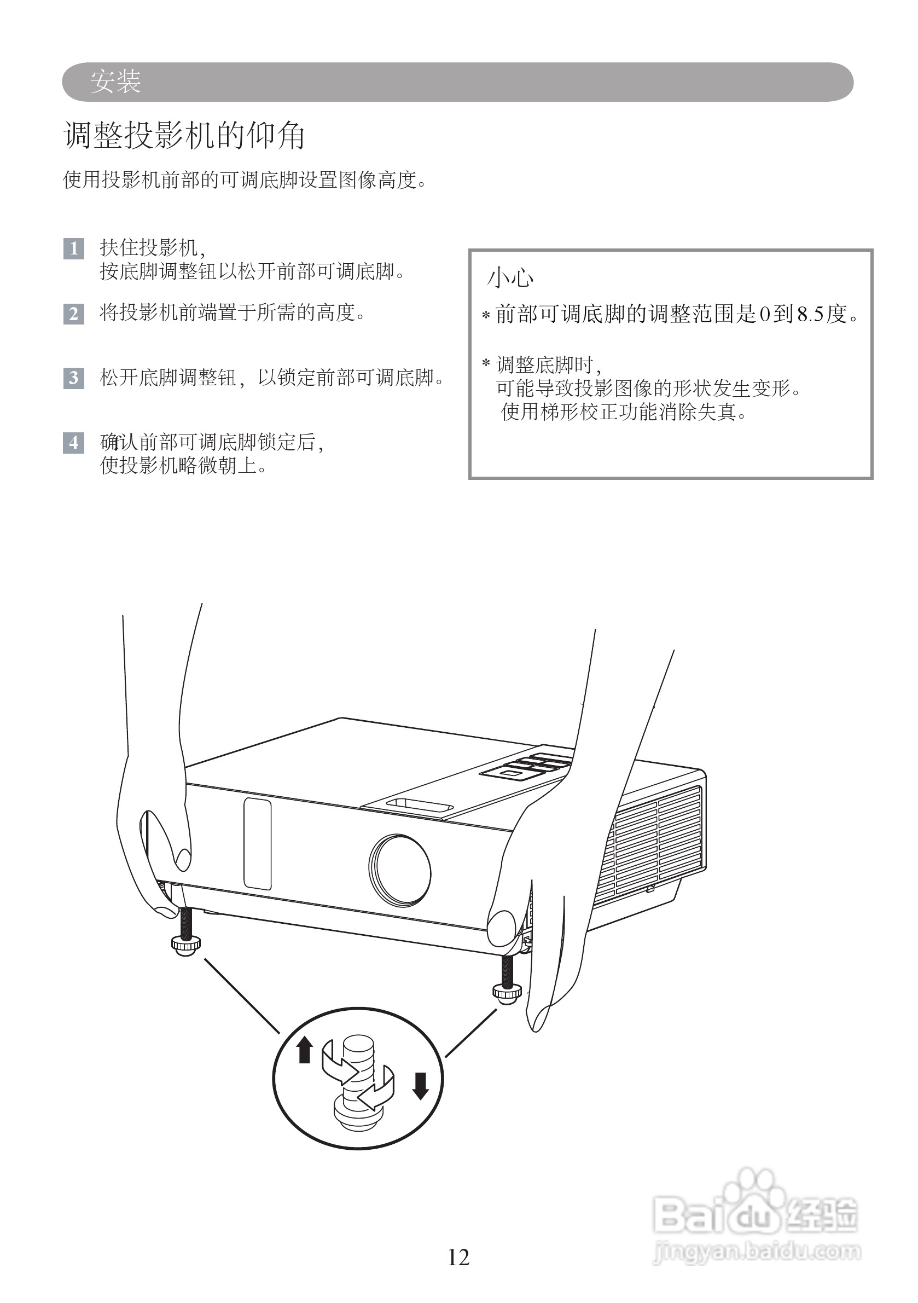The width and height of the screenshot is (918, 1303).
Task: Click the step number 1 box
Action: [x=74, y=248]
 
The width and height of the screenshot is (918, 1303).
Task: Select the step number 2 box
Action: [x=74, y=314]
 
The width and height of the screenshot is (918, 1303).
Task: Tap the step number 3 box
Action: [x=74, y=378]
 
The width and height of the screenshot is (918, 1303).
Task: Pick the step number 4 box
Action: [x=74, y=443]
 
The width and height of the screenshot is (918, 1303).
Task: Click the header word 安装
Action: [x=116, y=82]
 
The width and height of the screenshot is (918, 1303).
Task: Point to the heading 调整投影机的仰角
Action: [x=184, y=136]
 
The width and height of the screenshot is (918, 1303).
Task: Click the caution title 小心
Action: [x=510, y=278]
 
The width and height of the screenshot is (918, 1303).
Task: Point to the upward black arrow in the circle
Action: [x=305, y=1049]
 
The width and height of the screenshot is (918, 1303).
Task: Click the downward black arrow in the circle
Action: [x=420, y=1086]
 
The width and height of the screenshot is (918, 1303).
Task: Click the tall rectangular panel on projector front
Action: [x=257, y=844]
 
